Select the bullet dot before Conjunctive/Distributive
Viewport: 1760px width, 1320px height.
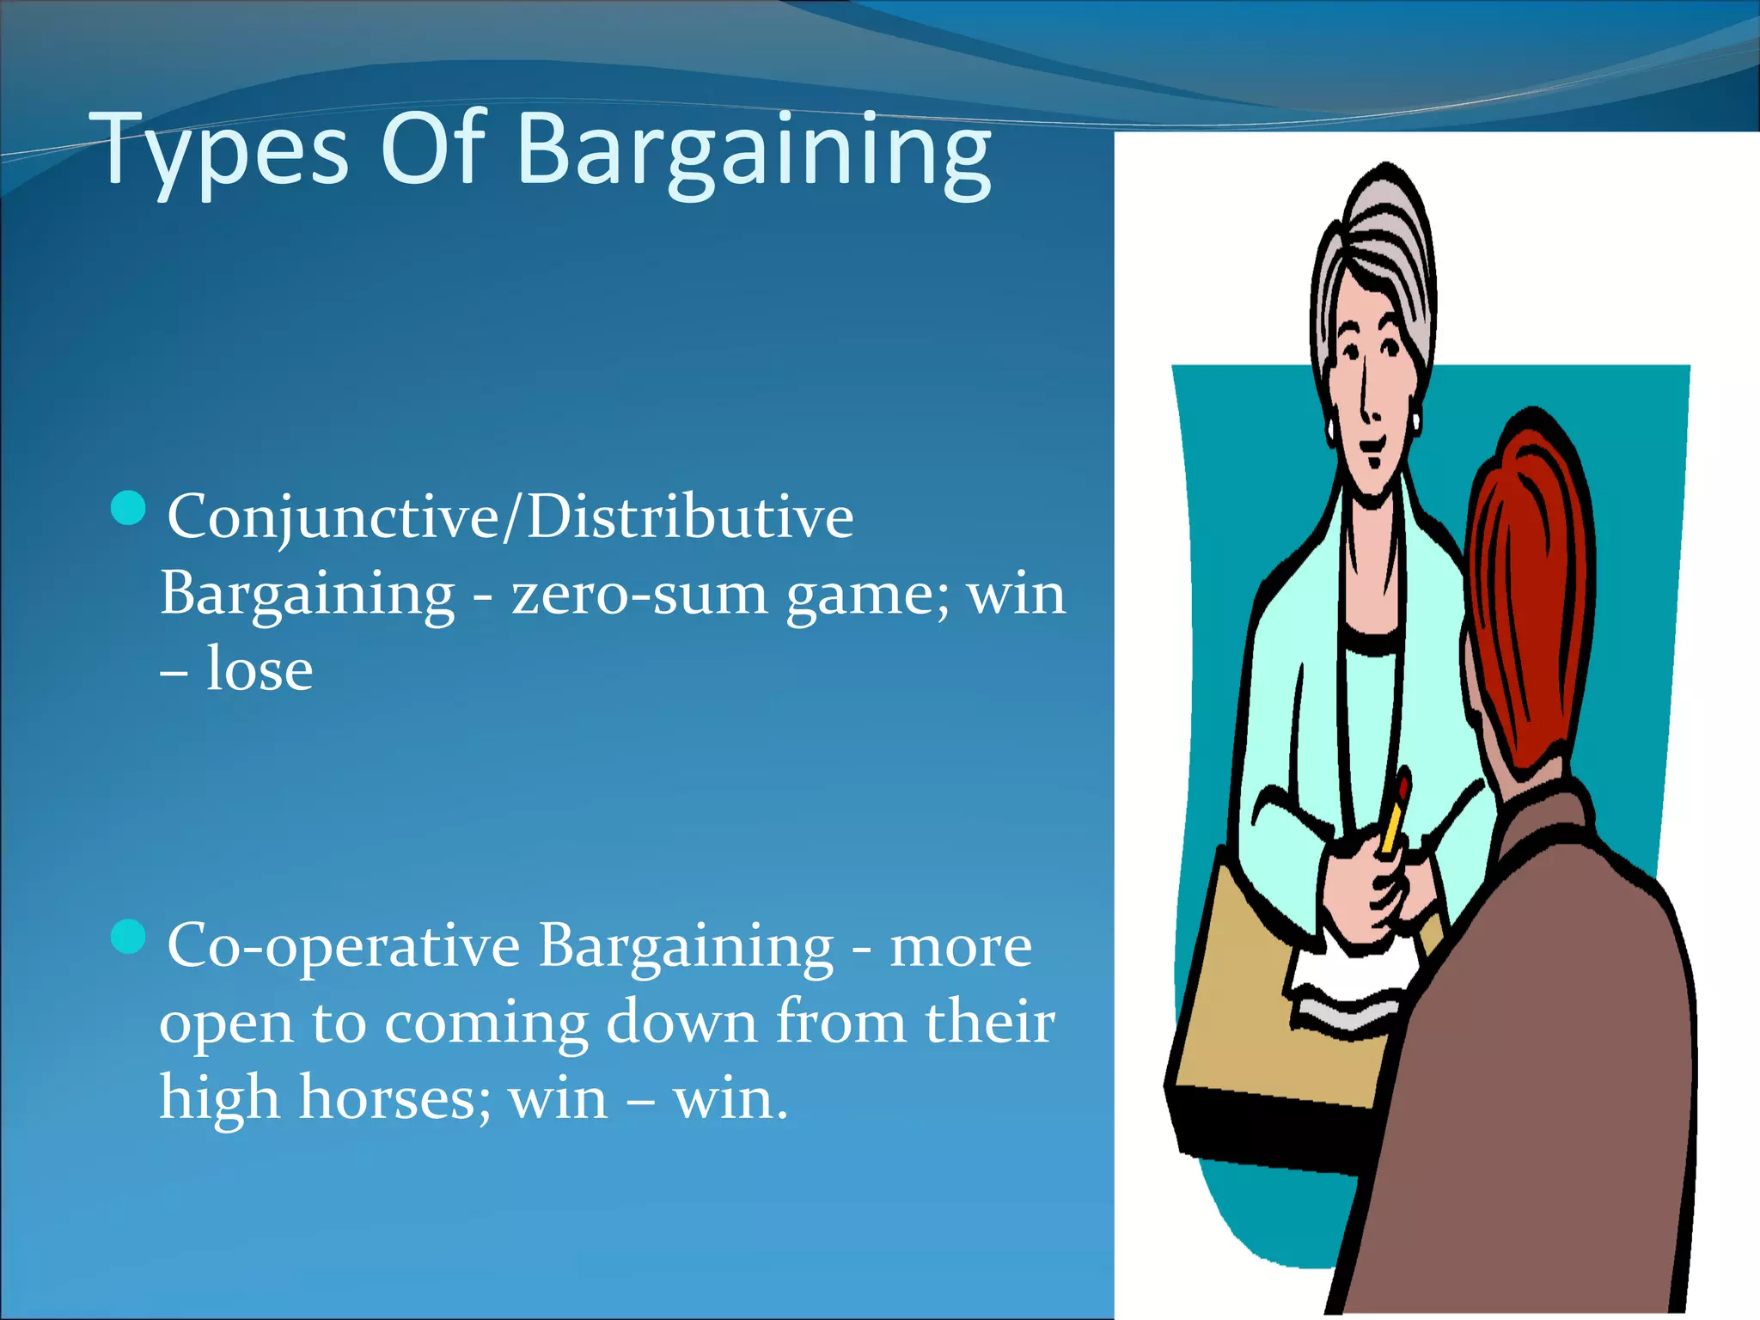(x=129, y=508)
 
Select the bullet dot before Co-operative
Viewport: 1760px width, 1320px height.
(x=129, y=937)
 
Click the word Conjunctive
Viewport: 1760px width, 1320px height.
(x=332, y=518)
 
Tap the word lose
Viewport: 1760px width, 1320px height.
(x=259, y=669)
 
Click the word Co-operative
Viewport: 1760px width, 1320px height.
(x=343, y=946)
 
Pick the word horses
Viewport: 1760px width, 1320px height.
(x=394, y=1098)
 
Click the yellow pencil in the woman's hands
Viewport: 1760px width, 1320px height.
(x=1393, y=816)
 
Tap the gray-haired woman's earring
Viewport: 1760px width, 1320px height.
(x=1415, y=422)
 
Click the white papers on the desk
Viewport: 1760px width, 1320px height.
(x=1349, y=988)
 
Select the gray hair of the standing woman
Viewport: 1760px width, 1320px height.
(x=1375, y=232)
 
